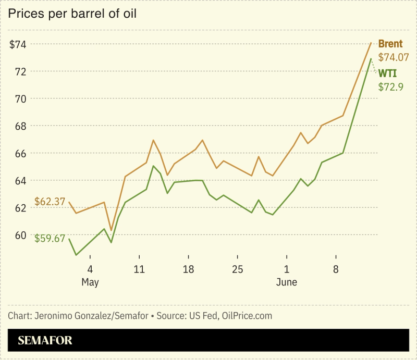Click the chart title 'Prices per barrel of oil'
coord(72,14)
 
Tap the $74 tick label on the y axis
coord(19,44)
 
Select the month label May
coord(90,282)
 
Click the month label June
coord(287,282)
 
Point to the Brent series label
coord(390,44)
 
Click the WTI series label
coord(387,73)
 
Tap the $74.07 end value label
coord(394,58)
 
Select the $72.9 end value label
coord(391,86)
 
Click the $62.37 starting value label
coord(50,201)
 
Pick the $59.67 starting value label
coord(50,239)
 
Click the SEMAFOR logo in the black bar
coord(45,341)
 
